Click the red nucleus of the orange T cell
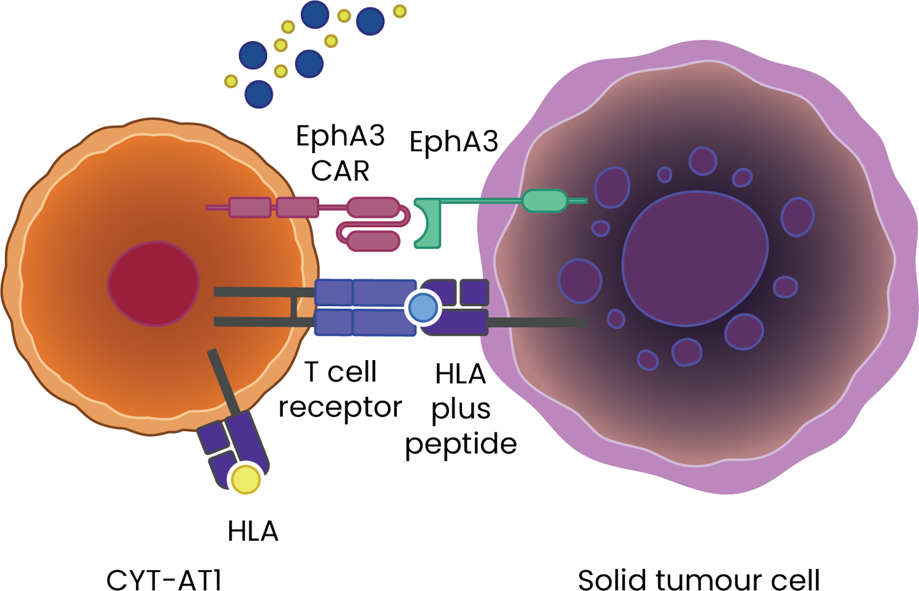(154, 283)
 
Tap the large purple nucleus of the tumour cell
(695, 258)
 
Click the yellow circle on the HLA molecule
(246, 479)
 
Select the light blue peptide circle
(423, 307)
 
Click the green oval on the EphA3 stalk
(545, 200)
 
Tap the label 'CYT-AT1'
(164, 579)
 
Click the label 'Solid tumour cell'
(698, 579)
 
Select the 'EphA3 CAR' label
(340, 153)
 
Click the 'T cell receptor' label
(340, 390)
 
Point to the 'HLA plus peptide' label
(461, 408)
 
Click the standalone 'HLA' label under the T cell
(252, 531)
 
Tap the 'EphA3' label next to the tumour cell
(453, 143)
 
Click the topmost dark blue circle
(316, 14)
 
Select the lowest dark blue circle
(259, 94)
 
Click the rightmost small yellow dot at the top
(399, 11)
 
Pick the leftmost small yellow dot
(231, 81)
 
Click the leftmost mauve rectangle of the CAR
(249, 207)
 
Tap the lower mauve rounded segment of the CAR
(374, 241)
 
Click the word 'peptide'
(461, 444)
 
